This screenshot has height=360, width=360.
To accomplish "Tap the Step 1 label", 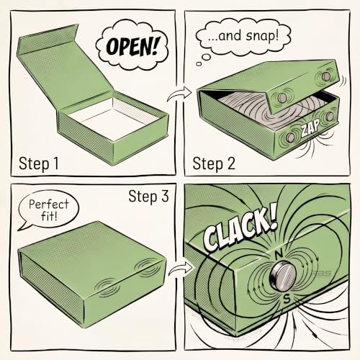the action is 39,163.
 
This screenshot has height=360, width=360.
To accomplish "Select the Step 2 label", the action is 214,163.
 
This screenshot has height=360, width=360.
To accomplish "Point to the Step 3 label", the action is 148,197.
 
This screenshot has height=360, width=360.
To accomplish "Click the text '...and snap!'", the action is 243,36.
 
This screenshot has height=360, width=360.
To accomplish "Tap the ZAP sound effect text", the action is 311,127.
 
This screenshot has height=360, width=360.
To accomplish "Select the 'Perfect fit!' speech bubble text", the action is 49,210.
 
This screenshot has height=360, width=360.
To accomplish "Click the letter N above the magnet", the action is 279,255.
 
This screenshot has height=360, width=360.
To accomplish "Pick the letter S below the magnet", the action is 287,299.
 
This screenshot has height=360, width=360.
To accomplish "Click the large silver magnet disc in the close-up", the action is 282,276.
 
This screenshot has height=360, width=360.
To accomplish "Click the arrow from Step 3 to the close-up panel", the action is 181,268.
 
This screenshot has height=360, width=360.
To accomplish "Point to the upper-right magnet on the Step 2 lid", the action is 326,76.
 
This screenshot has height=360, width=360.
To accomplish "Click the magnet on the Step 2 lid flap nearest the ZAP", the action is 282,98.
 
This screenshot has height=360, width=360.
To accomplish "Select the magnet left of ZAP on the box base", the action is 291,138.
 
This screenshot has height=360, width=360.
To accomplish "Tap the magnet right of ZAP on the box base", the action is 330,117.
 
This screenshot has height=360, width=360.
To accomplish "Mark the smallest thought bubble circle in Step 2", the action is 199,64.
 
